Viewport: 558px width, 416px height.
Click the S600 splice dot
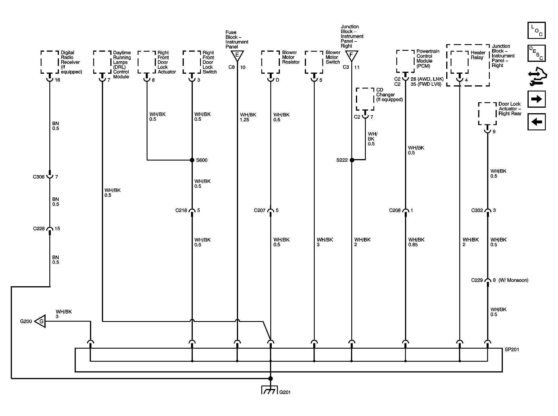pyautogui.click(x=192, y=160)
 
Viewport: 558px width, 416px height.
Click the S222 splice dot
pyautogui.click(x=352, y=160)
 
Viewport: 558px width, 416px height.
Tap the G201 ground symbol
pyautogui.click(x=270, y=390)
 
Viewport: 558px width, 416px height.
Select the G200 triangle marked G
pyautogui.click(x=40, y=321)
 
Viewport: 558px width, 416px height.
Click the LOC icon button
pyautogui.click(x=537, y=30)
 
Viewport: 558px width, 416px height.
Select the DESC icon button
pyautogui.click(x=537, y=53)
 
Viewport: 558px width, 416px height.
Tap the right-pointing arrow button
pyautogui.click(x=537, y=99)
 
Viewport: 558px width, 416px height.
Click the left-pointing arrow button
pyautogui.click(x=537, y=122)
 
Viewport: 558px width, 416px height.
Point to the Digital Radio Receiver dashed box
pyautogui.click(x=50, y=62)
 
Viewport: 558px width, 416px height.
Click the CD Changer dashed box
pyautogui.click(x=365, y=99)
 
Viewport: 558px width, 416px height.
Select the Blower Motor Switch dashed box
pyautogui.click(x=314, y=62)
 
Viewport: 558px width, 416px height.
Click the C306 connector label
pyautogui.click(x=39, y=177)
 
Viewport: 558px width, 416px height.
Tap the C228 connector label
pyautogui.click(x=39, y=229)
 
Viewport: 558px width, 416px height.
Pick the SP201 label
pyautogui.click(x=512, y=350)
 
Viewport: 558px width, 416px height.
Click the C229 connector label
pyautogui.click(x=477, y=280)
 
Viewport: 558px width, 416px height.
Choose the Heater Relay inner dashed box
pyautogui.click(x=460, y=62)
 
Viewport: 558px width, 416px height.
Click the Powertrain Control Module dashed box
pyautogui.click(x=405, y=61)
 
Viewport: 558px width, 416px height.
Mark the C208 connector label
pyautogui.click(x=395, y=210)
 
